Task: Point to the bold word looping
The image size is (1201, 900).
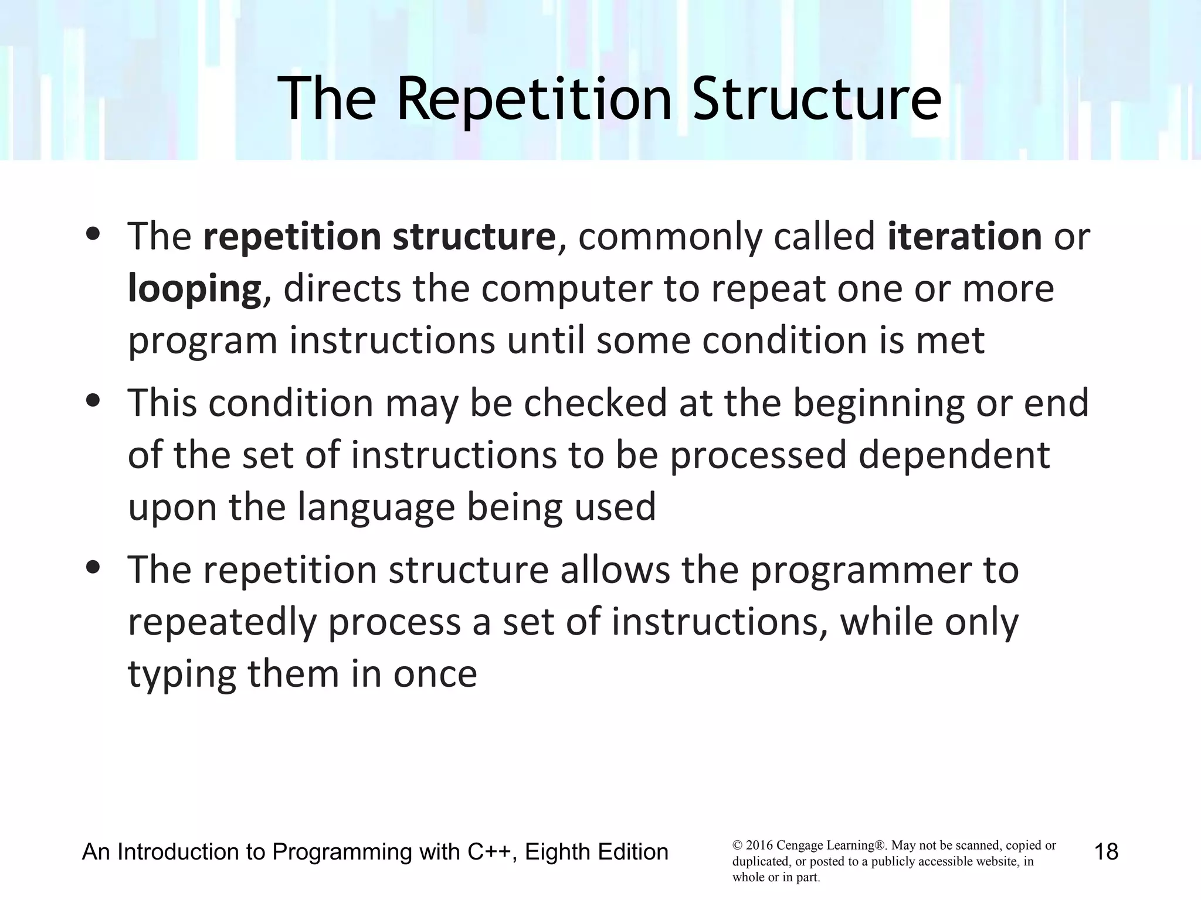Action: click(x=194, y=289)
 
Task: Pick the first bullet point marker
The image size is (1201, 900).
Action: click(x=93, y=235)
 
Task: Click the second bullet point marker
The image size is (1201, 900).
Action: click(x=93, y=401)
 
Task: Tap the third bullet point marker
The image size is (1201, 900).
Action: click(x=93, y=568)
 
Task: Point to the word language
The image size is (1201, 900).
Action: click(x=376, y=507)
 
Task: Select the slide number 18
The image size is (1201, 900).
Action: click(x=1106, y=851)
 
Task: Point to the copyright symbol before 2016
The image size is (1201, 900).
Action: click(x=737, y=846)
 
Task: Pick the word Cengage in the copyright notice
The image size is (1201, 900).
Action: click(x=799, y=846)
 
